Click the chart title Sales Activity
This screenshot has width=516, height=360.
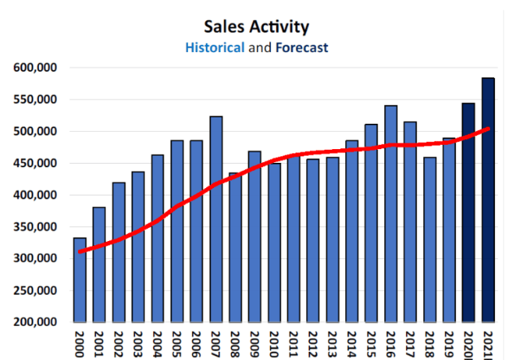pos(258,28)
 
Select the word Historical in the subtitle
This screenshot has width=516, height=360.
pos(215,47)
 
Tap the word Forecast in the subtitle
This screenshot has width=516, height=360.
pos(301,47)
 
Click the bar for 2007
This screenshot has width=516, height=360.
pos(216,219)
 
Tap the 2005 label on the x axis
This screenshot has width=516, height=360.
pos(177,340)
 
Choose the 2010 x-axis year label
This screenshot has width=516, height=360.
pos(273,340)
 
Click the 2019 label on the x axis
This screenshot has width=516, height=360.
pos(448,340)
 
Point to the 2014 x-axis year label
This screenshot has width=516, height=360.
pos(352,340)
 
